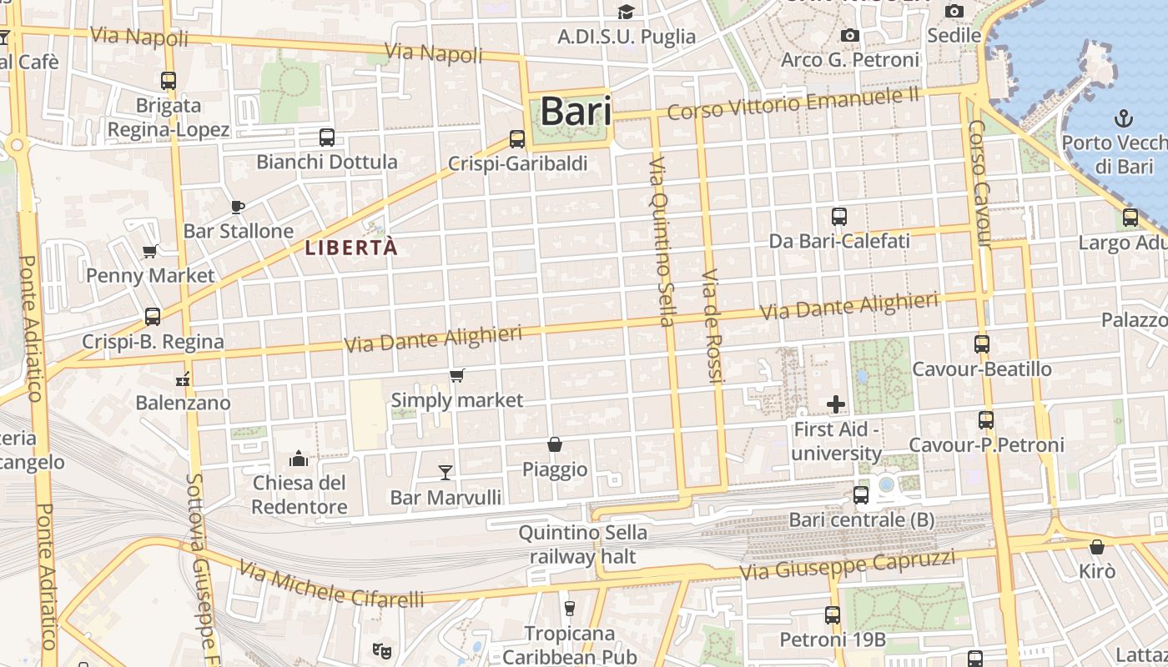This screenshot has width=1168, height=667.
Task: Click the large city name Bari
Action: click(576, 112)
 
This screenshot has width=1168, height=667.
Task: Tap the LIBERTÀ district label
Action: click(350, 248)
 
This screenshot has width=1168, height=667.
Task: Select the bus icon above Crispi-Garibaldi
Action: click(517, 139)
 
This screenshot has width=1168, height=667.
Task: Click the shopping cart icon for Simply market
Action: click(456, 376)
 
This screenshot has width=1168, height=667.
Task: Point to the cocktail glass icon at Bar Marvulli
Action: click(446, 473)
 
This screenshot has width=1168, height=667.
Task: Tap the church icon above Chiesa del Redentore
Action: click(299, 459)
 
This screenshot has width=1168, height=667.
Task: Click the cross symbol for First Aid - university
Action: click(836, 405)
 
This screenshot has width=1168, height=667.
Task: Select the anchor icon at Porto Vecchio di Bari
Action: click(1123, 118)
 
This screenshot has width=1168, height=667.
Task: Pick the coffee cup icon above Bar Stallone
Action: click(238, 207)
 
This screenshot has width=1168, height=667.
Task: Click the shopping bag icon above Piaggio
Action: click(554, 445)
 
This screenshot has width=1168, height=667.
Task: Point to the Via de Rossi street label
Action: click(712, 325)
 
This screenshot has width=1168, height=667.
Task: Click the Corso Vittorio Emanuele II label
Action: click(793, 104)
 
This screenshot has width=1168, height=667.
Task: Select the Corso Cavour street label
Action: click(979, 183)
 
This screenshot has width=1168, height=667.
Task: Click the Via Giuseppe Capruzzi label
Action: click(848, 564)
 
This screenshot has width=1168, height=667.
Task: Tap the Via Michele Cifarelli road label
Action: click(331, 584)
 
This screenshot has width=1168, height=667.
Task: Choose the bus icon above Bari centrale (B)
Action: click(861, 495)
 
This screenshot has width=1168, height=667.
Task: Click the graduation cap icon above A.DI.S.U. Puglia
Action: click(626, 12)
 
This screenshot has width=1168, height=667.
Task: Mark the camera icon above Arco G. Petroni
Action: click(850, 35)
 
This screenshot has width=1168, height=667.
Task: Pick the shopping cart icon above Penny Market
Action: click(150, 251)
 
